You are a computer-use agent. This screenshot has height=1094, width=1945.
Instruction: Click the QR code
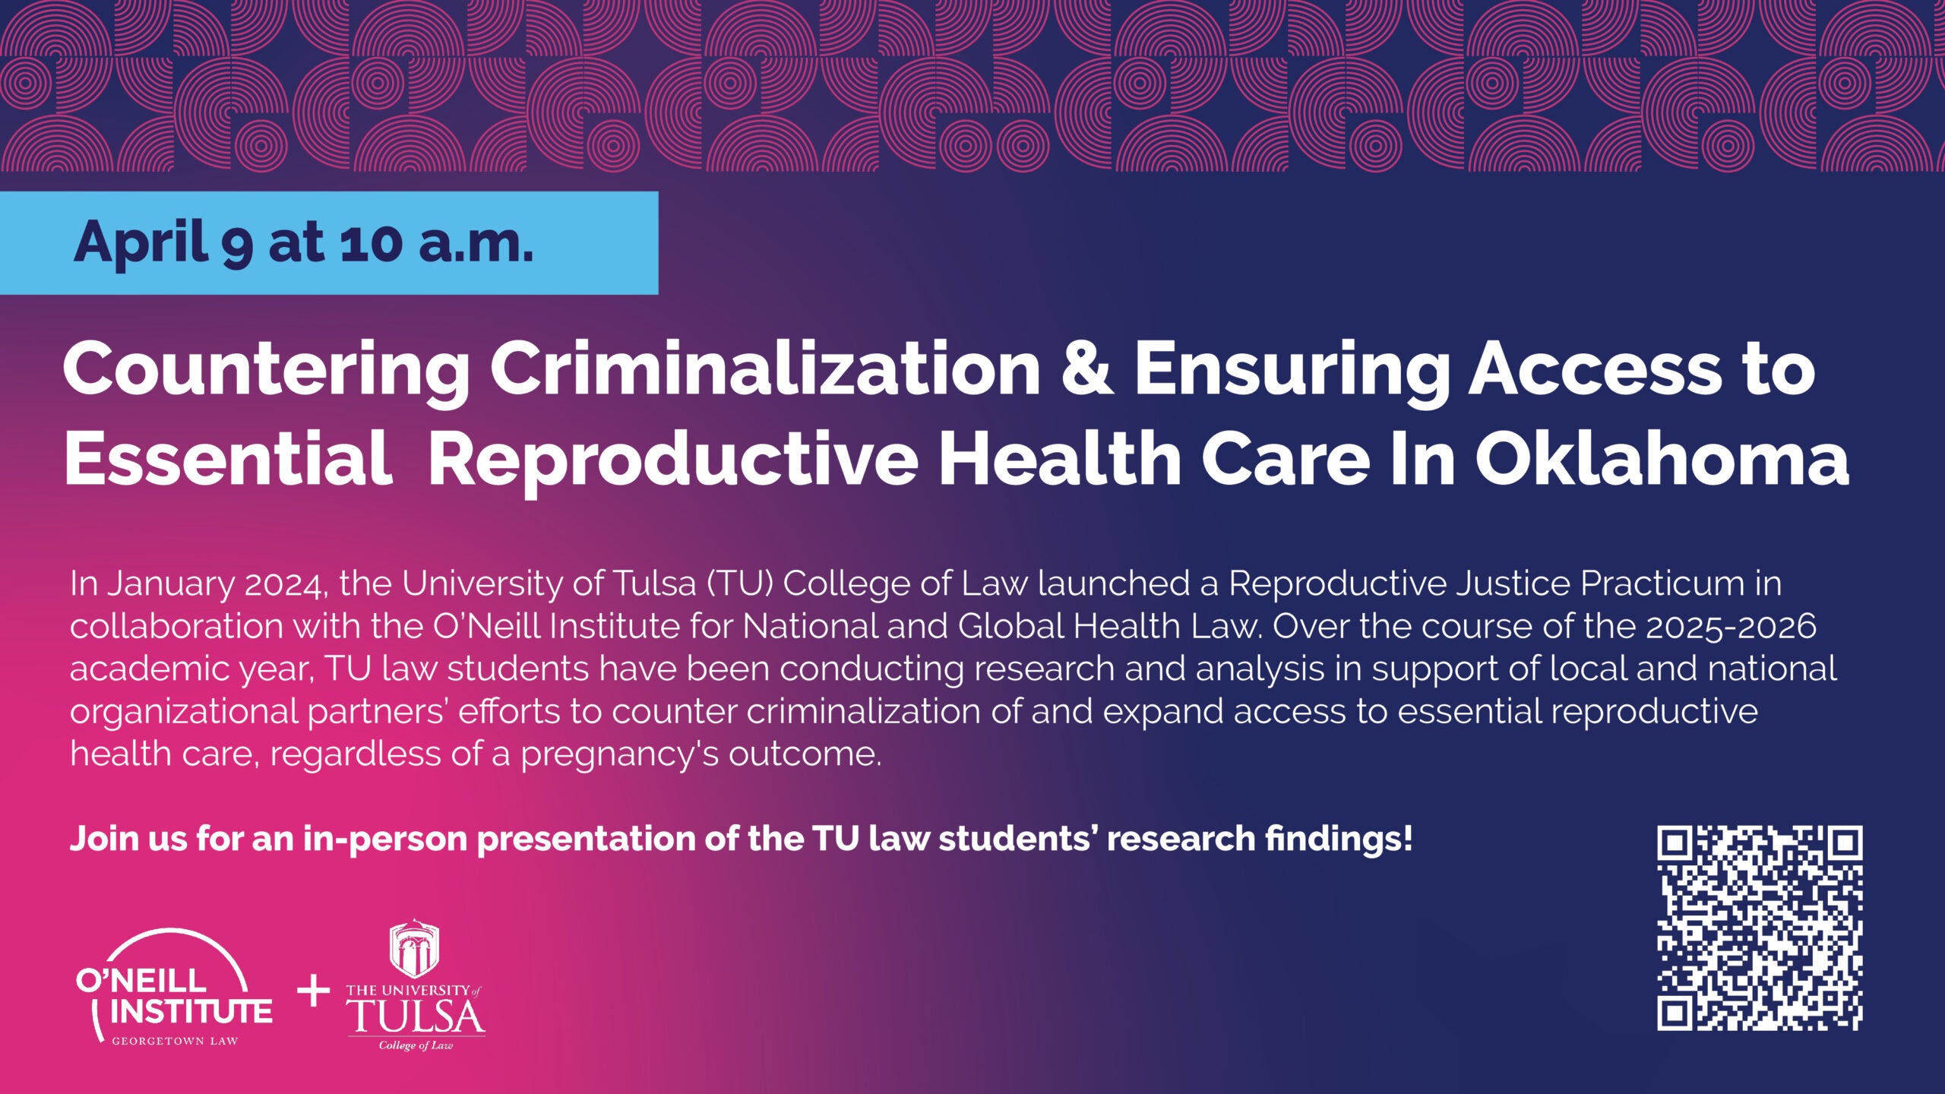1759,928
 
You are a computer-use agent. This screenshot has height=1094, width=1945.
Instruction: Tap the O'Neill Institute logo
174,988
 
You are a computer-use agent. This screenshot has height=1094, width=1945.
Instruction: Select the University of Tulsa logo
416,988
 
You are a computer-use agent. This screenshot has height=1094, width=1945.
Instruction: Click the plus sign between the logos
313,991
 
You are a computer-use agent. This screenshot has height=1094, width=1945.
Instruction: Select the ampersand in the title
1087,369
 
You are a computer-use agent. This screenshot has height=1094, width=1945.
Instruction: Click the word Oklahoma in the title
1662,459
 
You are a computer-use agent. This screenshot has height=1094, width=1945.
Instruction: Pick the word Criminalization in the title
765,369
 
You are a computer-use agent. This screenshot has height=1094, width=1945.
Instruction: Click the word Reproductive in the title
672,460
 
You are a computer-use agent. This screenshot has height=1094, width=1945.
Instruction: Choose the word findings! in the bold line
1338,839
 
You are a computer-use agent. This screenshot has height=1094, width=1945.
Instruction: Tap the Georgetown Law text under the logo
175,1042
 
